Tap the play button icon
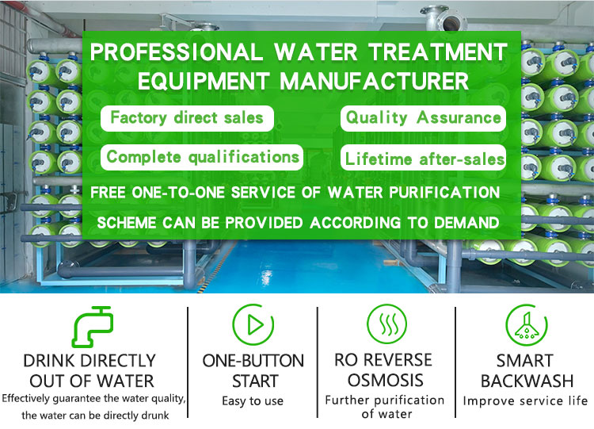pyautogui.click(x=253, y=325)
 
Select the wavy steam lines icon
pyautogui.click(x=386, y=324)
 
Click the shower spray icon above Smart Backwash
pyautogui.click(x=527, y=325)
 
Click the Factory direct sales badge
pyautogui.click(x=187, y=118)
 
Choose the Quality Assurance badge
pyautogui.click(x=423, y=118)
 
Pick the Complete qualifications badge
pyautogui.click(x=202, y=157)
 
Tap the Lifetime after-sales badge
pyautogui.click(x=423, y=158)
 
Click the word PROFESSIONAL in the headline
pyautogui.click(x=176, y=52)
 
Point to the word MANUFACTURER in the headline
pyautogui.click(x=375, y=81)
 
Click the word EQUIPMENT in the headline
pyautogui.click(x=204, y=81)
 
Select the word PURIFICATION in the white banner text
pyautogui.click(x=444, y=193)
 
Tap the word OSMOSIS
pyautogui.click(x=385, y=380)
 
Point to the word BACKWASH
pyautogui.click(x=527, y=381)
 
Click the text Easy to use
pyautogui.click(x=253, y=401)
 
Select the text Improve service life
pyautogui.click(x=525, y=400)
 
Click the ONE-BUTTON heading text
pyautogui.click(x=253, y=361)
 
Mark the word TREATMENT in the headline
pyautogui.click(x=437, y=52)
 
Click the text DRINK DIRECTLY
pyautogui.click(x=89, y=361)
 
